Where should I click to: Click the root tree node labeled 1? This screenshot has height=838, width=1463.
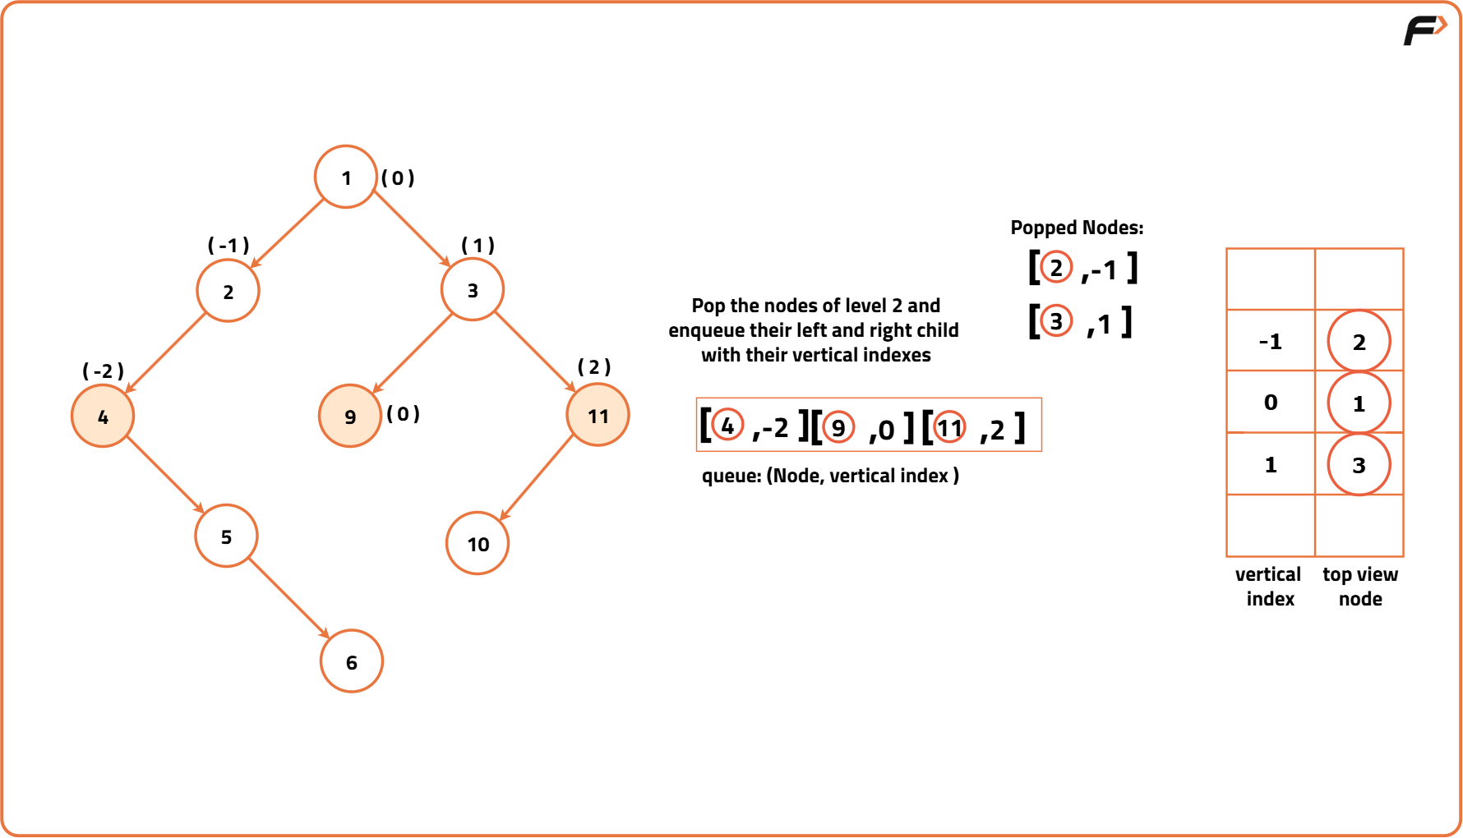pyautogui.click(x=346, y=177)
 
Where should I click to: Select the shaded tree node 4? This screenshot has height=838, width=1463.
pyautogui.click(x=103, y=416)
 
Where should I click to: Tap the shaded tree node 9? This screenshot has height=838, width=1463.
pyautogui.click(x=350, y=416)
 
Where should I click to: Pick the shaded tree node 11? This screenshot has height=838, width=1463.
pyautogui.click(x=598, y=415)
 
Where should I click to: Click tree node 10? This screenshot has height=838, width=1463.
pyautogui.click(x=478, y=543)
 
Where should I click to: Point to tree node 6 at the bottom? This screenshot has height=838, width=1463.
pyautogui.click(x=352, y=661)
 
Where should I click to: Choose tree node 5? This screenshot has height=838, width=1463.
pyautogui.click(x=226, y=536)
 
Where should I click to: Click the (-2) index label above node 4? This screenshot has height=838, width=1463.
pyautogui.click(x=104, y=371)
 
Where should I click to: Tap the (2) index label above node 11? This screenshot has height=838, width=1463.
pyautogui.click(x=594, y=366)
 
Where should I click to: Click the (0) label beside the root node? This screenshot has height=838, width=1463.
pyautogui.click(x=398, y=178)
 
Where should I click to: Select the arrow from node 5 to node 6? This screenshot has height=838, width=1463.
pyautogui.click(x=288, y=599)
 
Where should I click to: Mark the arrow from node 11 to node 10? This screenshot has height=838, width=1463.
pyautogui.click(x=537, y=478)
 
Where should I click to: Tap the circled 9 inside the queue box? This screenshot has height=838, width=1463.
pyautogui.click(x=838, y=427)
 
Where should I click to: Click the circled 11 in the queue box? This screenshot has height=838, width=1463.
pyautogui.click(x=949, y=427)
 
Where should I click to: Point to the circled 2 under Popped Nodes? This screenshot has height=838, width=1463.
pyautogui.click(x=1056, y=267)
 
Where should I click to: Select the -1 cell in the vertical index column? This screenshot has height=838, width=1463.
pyautogui.click(x=1271, y=341)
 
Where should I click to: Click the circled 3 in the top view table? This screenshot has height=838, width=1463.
pyautogui.click(x=1359, y=465)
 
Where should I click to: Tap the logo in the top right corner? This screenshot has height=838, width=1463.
pyautogui.click(x=1424, y=30)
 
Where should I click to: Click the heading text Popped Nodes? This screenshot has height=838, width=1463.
pyautogui.click(x=1077, y=228)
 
